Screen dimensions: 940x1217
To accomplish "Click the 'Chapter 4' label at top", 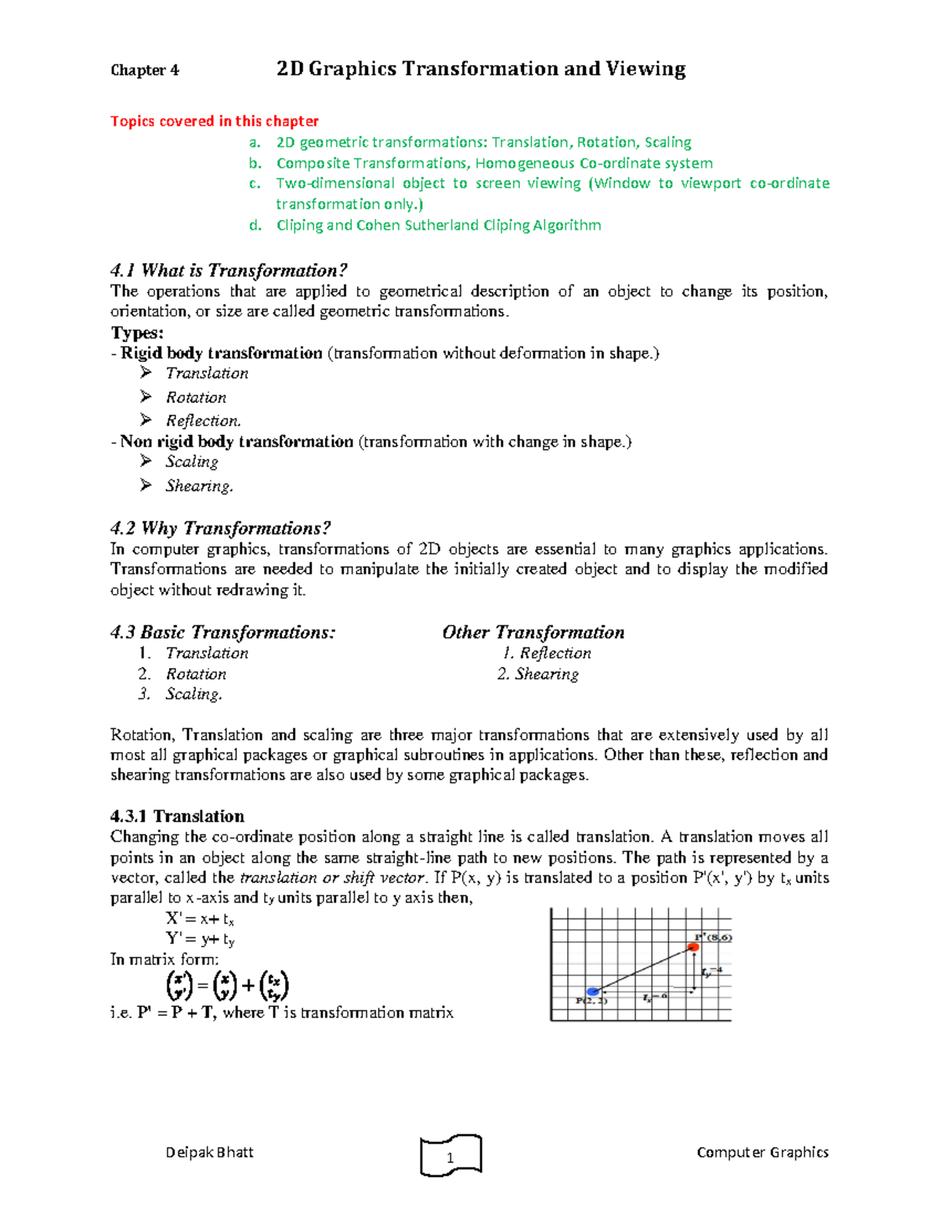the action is click(144, 71).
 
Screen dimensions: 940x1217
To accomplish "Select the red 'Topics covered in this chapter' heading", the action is click(214, 121).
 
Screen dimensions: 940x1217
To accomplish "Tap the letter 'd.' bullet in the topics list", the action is click(255, 226).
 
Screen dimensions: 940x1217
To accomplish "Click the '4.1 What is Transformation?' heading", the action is click(229, 270).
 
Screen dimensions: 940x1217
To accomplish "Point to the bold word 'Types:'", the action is click(137, 332).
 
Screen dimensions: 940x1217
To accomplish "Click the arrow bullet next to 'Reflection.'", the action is click(146, 420).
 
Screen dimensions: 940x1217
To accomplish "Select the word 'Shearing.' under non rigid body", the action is click(199, 486).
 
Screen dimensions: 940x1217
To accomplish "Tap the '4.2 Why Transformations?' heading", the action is click(220, 528).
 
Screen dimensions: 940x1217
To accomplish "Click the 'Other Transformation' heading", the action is click(533, 632).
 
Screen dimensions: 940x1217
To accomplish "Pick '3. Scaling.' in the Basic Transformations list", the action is click(182, 694).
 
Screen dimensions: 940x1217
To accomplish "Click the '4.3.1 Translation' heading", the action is click(177, 816).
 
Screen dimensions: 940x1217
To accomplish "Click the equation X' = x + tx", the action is click(200, 919).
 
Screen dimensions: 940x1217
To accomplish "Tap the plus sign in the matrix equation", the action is click(248, 986).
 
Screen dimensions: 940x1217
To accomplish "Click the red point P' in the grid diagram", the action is click(692, 947).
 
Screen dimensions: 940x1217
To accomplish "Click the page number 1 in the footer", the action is click(450, 1157).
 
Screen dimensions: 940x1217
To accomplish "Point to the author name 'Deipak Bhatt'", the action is click(209, 1152).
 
